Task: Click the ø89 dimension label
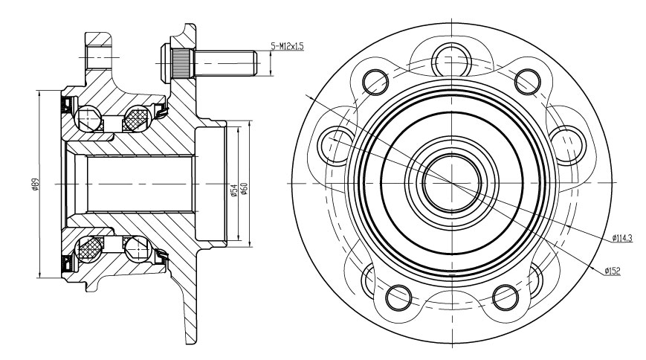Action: [x=35, y=184]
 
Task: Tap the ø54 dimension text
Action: [x=233, y=190]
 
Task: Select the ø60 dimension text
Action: [x=244, y=188]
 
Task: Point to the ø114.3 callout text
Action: [x=622, y=237]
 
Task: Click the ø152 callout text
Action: [x=613, y=271]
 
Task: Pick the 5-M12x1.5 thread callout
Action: [x=287, y=46]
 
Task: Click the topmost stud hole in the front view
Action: [x=452, y=60]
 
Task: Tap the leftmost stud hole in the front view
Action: [x=337, y=145]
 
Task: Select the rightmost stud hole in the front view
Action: [x=568, y=144]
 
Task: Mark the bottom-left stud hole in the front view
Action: [x=398, y=298]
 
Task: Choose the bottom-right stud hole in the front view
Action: [x=506, y=298]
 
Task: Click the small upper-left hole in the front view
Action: [x=375, y=82]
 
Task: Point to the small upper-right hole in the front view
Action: [x=528, y=82]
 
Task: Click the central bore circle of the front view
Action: [x=452, y=183]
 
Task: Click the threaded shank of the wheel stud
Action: [x=225, y=63]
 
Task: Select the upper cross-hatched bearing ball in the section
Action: [x=138, y=118]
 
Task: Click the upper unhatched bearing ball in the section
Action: [x=88, y=118]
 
